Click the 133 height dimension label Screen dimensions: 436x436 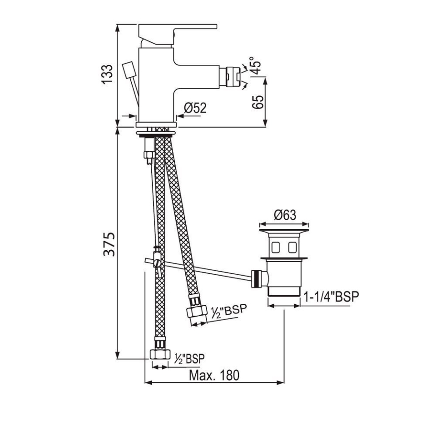click(x=106, y=74)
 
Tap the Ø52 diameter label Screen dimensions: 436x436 click(x=195, y=108)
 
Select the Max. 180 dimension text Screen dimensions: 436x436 click(x=213, y=375)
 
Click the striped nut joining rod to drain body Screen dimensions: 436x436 click(x=257, y=278)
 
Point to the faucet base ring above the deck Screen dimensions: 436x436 click(x=156, y=125)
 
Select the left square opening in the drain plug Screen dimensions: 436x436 click(x=275, y=248)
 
